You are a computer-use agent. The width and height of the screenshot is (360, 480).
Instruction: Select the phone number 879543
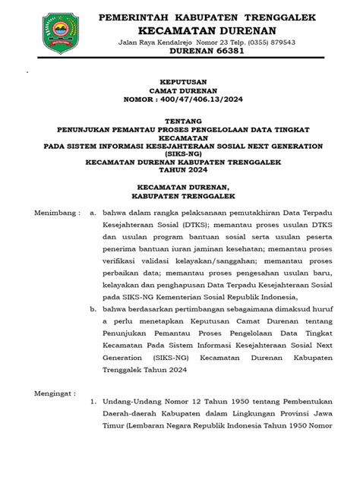(280, 43)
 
